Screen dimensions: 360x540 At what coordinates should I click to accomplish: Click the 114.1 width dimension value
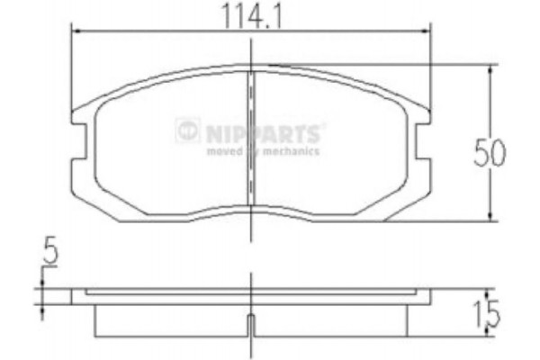[249, 15]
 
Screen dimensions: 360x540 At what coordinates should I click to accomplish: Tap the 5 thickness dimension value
[50, 255]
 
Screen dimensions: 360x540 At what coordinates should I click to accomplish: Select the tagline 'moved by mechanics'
[263, 151]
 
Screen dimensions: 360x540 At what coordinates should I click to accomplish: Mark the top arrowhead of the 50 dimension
[490, 68]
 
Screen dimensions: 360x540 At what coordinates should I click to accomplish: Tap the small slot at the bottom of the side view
[249, 325]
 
